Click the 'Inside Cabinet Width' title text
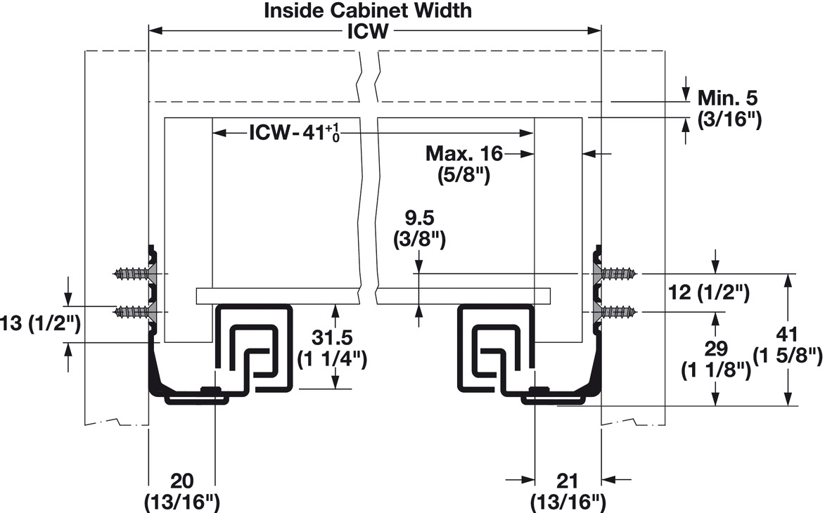tap(368, 11)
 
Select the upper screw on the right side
tap(620, 273)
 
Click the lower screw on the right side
tap(620, 311)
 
